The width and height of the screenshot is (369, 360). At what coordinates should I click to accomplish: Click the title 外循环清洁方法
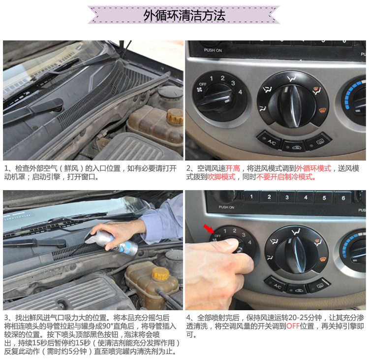click(x=184, y=15)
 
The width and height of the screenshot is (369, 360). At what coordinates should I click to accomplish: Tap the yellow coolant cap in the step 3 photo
click(x=160, y=273)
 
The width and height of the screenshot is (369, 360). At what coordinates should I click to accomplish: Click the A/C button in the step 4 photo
click(x=276, y=286)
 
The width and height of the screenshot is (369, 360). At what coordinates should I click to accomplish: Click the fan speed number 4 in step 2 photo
click(x=240, y=92)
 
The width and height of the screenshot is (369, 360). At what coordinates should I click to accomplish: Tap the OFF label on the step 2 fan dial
click(x=203, y=84)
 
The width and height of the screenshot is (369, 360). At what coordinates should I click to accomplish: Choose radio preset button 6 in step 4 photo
click(x=343, y=198)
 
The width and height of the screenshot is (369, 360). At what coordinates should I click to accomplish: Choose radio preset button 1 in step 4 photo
click(x=251, y=196)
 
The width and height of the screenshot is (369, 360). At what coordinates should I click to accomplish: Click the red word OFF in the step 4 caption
click(x=293, y=326)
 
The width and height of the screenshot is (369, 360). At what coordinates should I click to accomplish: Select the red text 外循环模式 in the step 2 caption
click(x=313, y=168)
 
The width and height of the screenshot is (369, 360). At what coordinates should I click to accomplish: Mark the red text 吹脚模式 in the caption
click(x=221, y=177)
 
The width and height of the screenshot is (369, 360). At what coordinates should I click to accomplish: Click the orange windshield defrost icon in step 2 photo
click(x=322, y=109)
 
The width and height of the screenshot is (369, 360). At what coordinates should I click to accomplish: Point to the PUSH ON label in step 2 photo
click(x=213, y=50)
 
